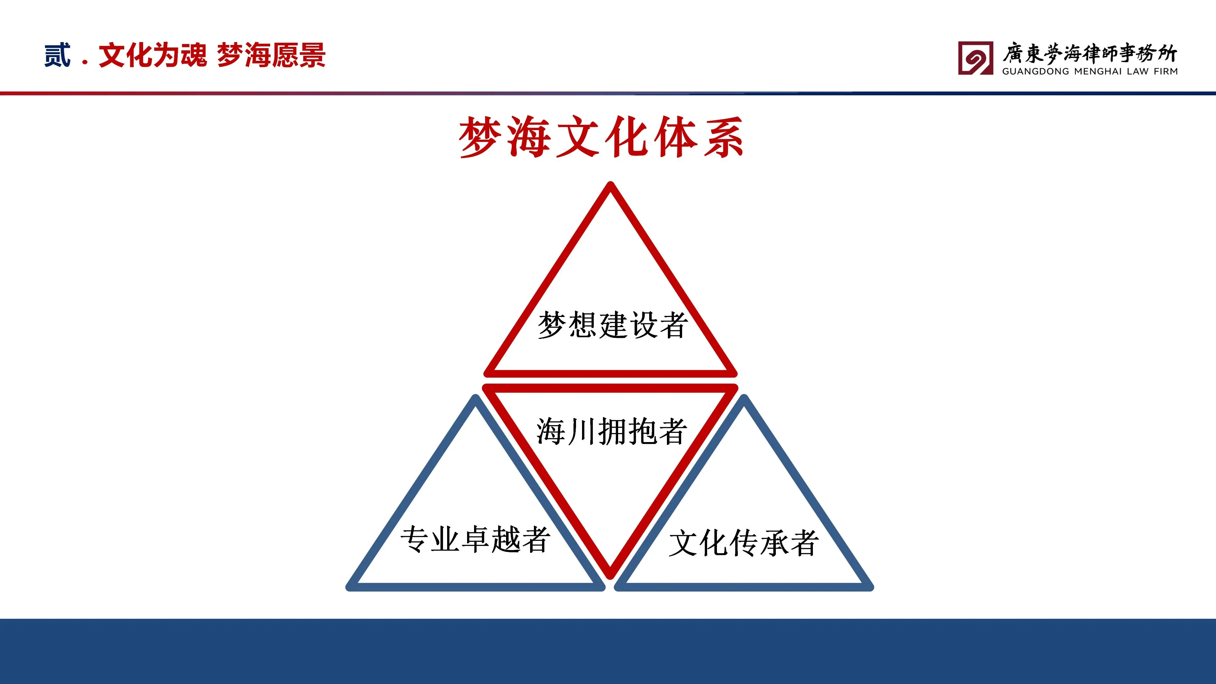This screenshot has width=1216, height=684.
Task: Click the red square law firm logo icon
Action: click(x=975, y=58)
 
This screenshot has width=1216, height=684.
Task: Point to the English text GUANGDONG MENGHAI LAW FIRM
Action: click(x=1090, y=71)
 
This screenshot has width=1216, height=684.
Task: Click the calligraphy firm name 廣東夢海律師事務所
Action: click(x=1090, y=53)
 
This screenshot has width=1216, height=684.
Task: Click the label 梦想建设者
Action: click(x=612, y=325)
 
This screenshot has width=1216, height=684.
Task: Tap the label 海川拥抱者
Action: click(x=611, y=431)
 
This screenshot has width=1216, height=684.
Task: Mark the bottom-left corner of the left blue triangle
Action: click(x=348, y=588)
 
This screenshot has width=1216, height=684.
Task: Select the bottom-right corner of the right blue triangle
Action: click(x=871, y=588)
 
